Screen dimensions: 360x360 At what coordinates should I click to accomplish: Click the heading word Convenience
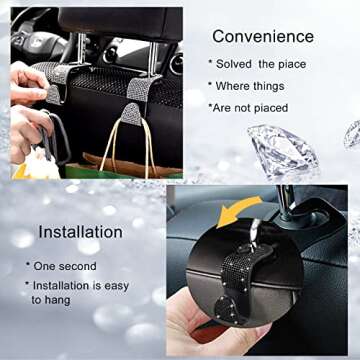[x=262, y=36]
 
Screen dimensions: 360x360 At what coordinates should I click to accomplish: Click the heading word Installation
[x=81, y=232]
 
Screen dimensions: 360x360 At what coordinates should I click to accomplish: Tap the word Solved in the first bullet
[x=238, y=63]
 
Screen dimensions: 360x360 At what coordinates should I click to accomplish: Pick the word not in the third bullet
[x=250, y=107]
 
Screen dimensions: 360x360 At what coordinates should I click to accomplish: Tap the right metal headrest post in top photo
[x=161, y=65]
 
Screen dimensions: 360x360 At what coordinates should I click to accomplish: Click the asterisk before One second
[x=30, y=266]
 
